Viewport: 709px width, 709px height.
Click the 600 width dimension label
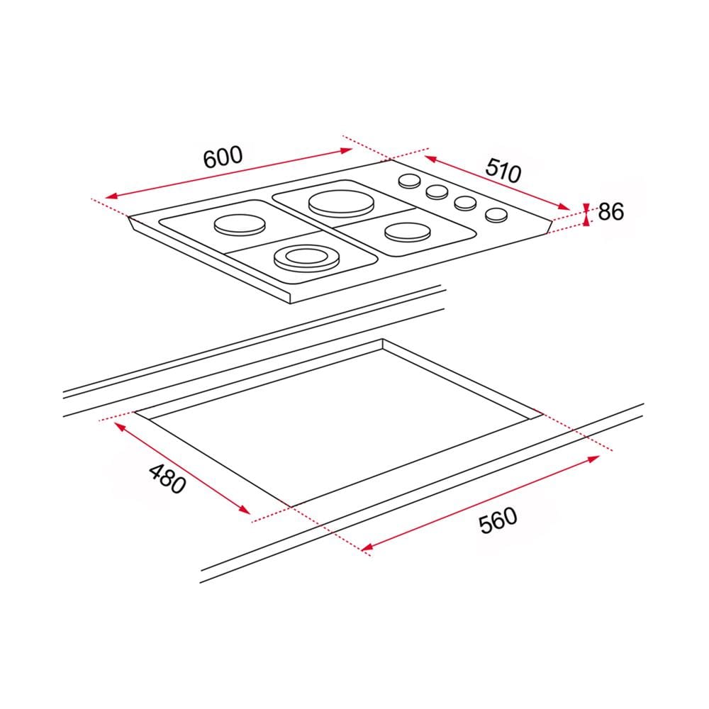(223, 156)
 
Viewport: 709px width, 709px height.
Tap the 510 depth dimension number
(503, 170)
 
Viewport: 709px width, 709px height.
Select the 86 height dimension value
(611, 211)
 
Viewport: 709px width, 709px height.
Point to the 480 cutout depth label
(167, 479)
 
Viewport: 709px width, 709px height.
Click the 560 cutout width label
(498, 520)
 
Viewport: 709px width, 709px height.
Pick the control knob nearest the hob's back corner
(409, 182)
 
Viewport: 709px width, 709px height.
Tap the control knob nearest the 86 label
(496, 215)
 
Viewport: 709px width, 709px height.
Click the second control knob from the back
(437, 191)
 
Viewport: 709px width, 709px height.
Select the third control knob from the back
(465, 203)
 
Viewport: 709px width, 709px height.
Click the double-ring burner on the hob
(306, 258)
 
